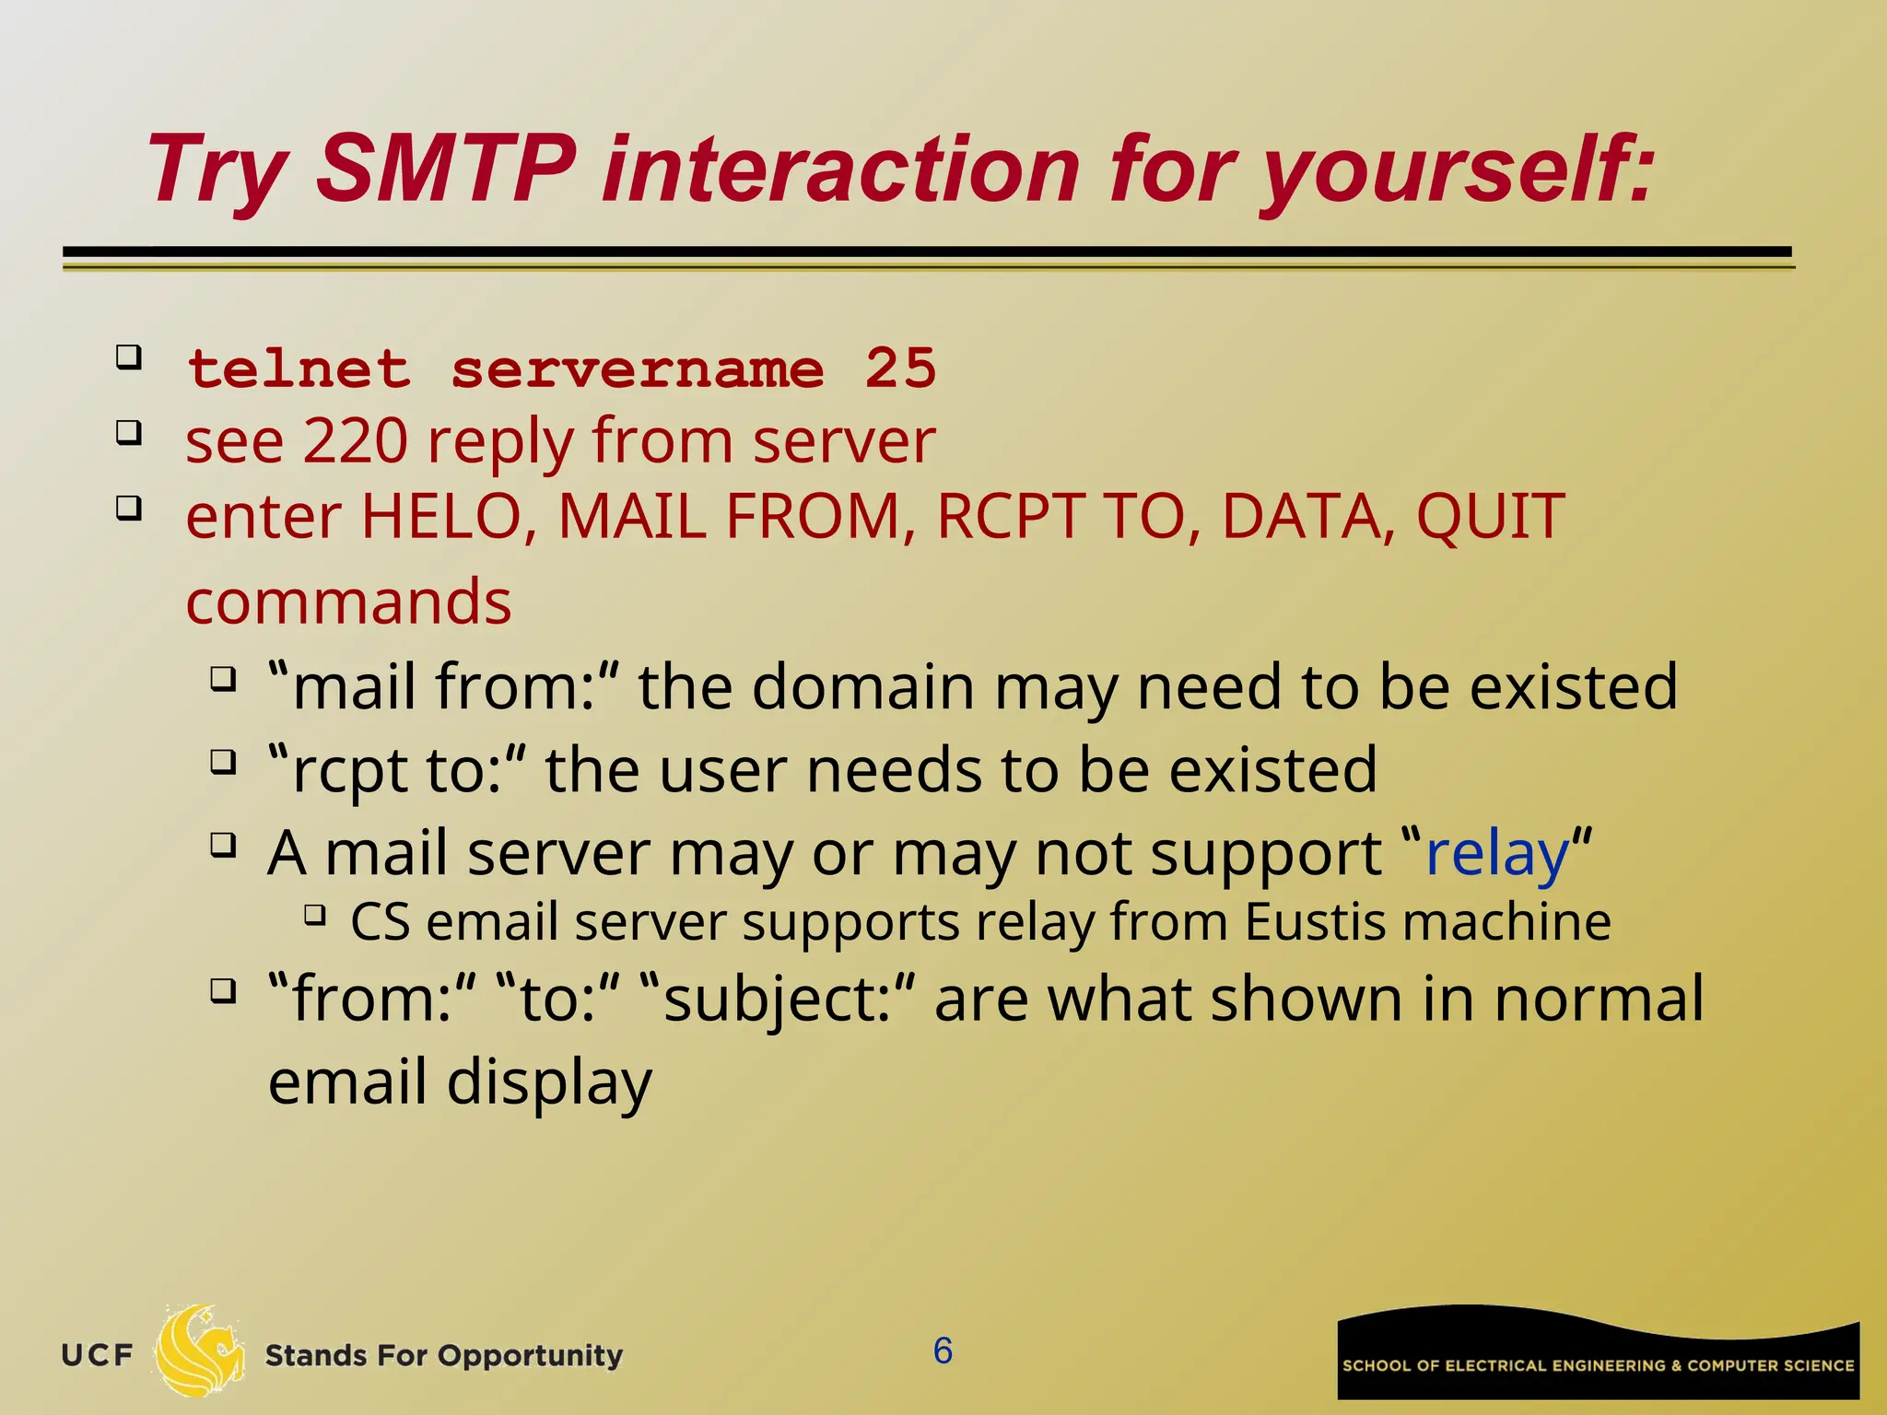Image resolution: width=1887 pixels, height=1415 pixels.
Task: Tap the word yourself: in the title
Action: click(1456, 170)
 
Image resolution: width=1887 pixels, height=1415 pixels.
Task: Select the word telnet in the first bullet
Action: click(299, 369)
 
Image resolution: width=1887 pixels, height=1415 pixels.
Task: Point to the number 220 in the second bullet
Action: click(356, 441)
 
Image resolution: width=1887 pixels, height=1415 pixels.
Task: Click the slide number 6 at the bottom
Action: click(943, 1351)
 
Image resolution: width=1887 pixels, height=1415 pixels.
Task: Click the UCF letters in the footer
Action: click(97, 1355)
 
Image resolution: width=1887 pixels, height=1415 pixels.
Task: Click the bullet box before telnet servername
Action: click(129, 357)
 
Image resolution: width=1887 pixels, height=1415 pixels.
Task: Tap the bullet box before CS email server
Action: click(315, 915)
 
